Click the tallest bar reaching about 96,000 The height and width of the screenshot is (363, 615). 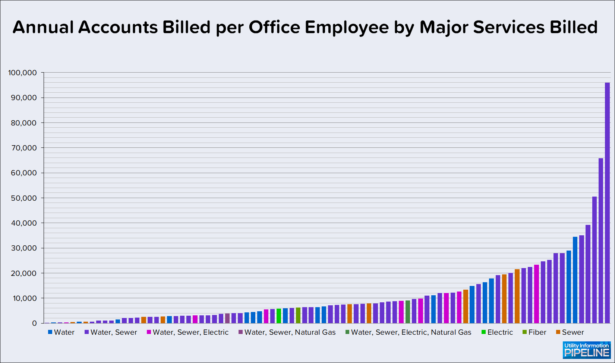click(607, 203)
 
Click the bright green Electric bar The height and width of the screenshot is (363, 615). click(279, 316)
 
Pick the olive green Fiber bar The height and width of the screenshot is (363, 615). click(298, 315)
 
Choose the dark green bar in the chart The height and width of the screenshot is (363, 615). click(408, 312)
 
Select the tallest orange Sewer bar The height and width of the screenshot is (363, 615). click(517, 296)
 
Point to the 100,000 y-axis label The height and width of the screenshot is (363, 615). click(22, 73)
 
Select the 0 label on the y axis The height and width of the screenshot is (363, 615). click(34, 324)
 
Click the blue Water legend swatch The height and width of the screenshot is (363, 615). click(50, 332)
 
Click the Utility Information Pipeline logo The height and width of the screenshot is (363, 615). click(586, 350)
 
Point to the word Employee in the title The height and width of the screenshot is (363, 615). click(347, 28)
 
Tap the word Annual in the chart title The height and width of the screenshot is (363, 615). click(43, 28)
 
